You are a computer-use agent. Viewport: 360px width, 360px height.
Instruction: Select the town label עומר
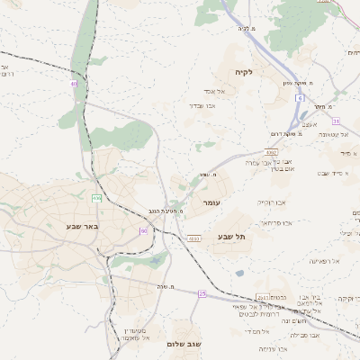coord(211,202)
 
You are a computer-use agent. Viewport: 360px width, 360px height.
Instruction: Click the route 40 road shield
coord(74,84)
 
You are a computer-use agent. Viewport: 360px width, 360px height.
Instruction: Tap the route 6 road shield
coord(300,97)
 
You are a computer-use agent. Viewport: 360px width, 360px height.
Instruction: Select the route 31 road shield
coord(335,121)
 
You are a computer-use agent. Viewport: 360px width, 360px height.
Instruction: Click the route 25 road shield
coord(202,294)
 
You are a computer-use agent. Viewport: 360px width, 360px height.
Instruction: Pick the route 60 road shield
coord(143,231)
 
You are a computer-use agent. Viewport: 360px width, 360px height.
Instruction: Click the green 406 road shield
coord(96,197)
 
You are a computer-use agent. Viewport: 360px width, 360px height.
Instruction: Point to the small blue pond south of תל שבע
coord(238,274)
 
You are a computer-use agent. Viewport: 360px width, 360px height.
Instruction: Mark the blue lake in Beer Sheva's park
coord(158,261)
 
